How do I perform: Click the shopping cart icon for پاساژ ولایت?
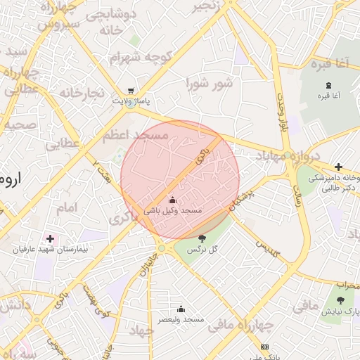[131, 90]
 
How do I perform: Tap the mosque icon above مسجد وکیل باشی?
[172, 200]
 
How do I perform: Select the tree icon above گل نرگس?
[202, 239]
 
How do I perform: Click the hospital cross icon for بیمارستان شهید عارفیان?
[49, 238]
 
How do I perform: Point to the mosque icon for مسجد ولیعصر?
[181, 308]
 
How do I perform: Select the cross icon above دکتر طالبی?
[338, 167]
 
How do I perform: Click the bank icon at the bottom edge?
[264, 347]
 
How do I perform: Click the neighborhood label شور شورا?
[209, 84]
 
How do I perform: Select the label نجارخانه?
[82, 93]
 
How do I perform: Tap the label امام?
[65, 207]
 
